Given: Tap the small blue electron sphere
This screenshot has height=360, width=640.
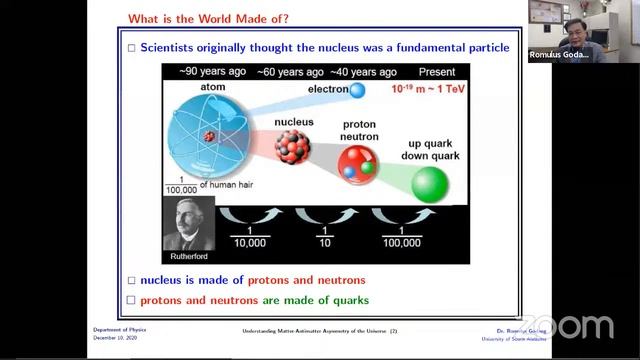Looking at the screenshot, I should pyautogui.click(x=356, y=91).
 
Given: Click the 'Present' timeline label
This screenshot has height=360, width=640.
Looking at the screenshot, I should pyautogui.click(x=437, y=72).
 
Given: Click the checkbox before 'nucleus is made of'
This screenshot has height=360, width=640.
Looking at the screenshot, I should pyautogui.click(x=131, y=280).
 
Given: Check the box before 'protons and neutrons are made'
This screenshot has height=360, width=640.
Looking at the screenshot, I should pyautogui.click(x=131, y=300).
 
